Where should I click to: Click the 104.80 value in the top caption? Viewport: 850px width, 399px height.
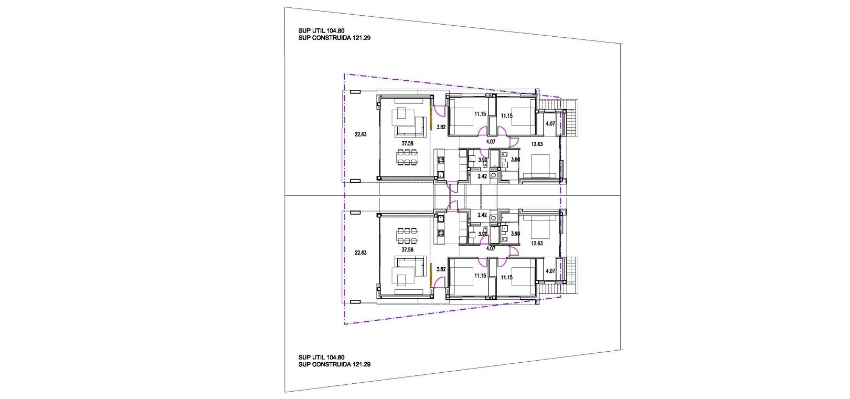(x=335, y=31)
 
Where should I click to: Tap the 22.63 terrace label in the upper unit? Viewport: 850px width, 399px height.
(x=360, y=134)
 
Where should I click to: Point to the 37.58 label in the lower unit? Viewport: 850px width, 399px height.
(x=407, y=250)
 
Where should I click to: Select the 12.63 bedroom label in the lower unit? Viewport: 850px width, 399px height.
(x=537, y=244)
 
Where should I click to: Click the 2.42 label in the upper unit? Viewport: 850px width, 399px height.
(x=482, y=176)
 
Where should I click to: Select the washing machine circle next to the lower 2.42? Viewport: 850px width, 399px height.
(x=493, y=218)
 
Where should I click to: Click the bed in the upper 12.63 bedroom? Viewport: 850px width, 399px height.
(x=539, y=166)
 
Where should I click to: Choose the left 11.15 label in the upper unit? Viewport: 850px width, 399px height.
(x=480, y=114)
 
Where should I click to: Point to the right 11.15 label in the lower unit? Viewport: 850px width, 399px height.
(x=506, y=278)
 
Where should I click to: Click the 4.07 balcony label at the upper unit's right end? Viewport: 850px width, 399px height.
(x=550, y=124)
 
